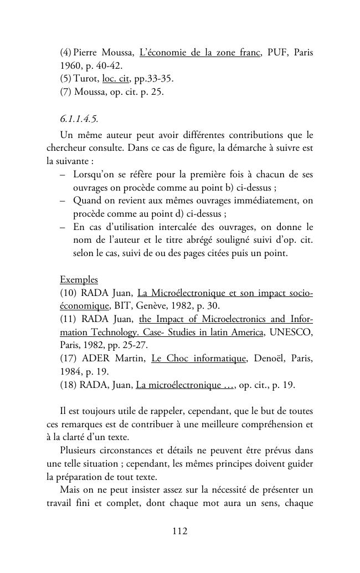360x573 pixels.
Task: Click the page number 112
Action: tap(180, 531)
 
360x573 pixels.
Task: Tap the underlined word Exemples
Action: tap(79, 279)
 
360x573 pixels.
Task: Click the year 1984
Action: tap(71, 372)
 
